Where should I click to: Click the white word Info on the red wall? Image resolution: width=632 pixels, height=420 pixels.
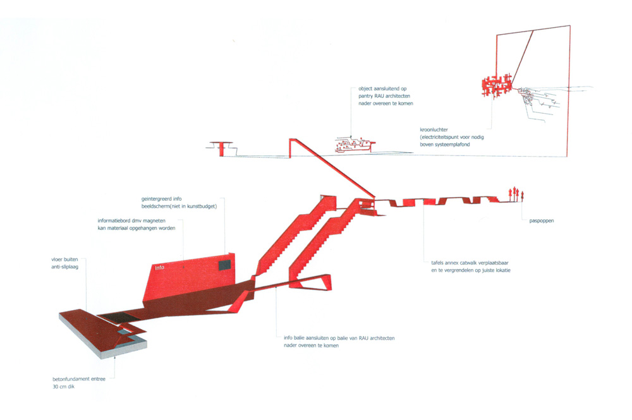[x=160, y=267]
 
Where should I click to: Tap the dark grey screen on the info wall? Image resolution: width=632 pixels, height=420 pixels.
[x=224, y=265]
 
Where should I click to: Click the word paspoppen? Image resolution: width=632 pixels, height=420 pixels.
[x=542, y=220]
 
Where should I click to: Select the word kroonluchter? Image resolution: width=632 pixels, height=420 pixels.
[x=434, y=129]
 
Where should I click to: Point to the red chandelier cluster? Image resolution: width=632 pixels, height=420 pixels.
[x=497, y=85]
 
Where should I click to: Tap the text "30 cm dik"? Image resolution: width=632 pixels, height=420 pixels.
[x=64, y=387]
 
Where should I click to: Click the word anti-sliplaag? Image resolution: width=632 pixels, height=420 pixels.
[x=65, y=267]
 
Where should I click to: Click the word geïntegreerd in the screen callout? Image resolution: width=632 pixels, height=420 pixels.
[x=156, y=199]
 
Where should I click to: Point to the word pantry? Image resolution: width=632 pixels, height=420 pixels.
[x=365, y=96]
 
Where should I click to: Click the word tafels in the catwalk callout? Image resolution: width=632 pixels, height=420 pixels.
[x=438, y=263]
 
